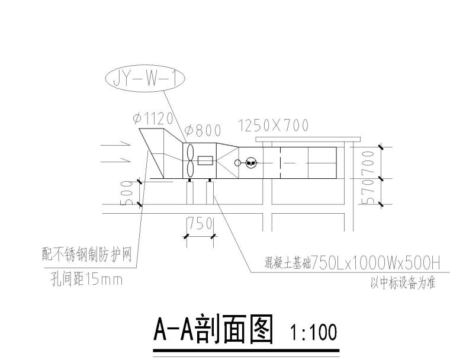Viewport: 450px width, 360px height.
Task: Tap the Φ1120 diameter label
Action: [x=153, y=118]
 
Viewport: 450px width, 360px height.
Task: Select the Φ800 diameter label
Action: [x=202, y=130]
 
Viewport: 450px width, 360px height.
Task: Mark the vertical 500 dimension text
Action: [x=127, y=192]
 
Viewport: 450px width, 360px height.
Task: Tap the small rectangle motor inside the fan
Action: [x=206, y=160]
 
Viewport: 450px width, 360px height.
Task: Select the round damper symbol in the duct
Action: [x=250, y=162]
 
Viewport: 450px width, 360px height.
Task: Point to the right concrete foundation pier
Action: [x=210, y=193]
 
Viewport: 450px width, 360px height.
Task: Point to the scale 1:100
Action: [x=313, y=333]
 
